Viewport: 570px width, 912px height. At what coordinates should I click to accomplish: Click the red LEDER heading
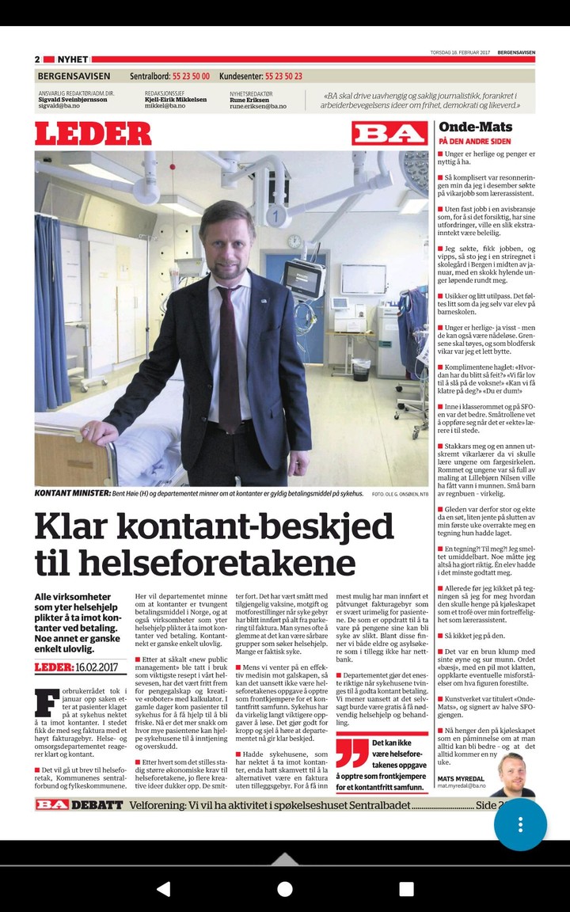coord(93,133)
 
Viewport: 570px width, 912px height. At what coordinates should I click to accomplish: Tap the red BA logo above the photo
coord(389,133)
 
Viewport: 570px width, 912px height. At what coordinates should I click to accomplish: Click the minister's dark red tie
coord(230,356)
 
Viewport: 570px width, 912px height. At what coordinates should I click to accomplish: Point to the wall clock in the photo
coord(294,241)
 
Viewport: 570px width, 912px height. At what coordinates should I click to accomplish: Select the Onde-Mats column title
coord(475,127)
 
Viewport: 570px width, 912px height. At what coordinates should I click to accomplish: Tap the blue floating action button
coord(520,824)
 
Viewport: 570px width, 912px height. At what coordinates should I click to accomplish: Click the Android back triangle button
coord(163,888)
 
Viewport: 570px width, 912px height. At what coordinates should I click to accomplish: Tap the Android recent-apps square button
coord(406,888)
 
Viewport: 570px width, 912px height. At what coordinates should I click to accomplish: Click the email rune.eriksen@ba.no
coord(258,106)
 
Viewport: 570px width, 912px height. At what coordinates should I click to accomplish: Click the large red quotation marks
coord(352,754)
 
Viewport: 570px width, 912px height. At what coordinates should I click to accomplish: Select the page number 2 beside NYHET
coord(37,59)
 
